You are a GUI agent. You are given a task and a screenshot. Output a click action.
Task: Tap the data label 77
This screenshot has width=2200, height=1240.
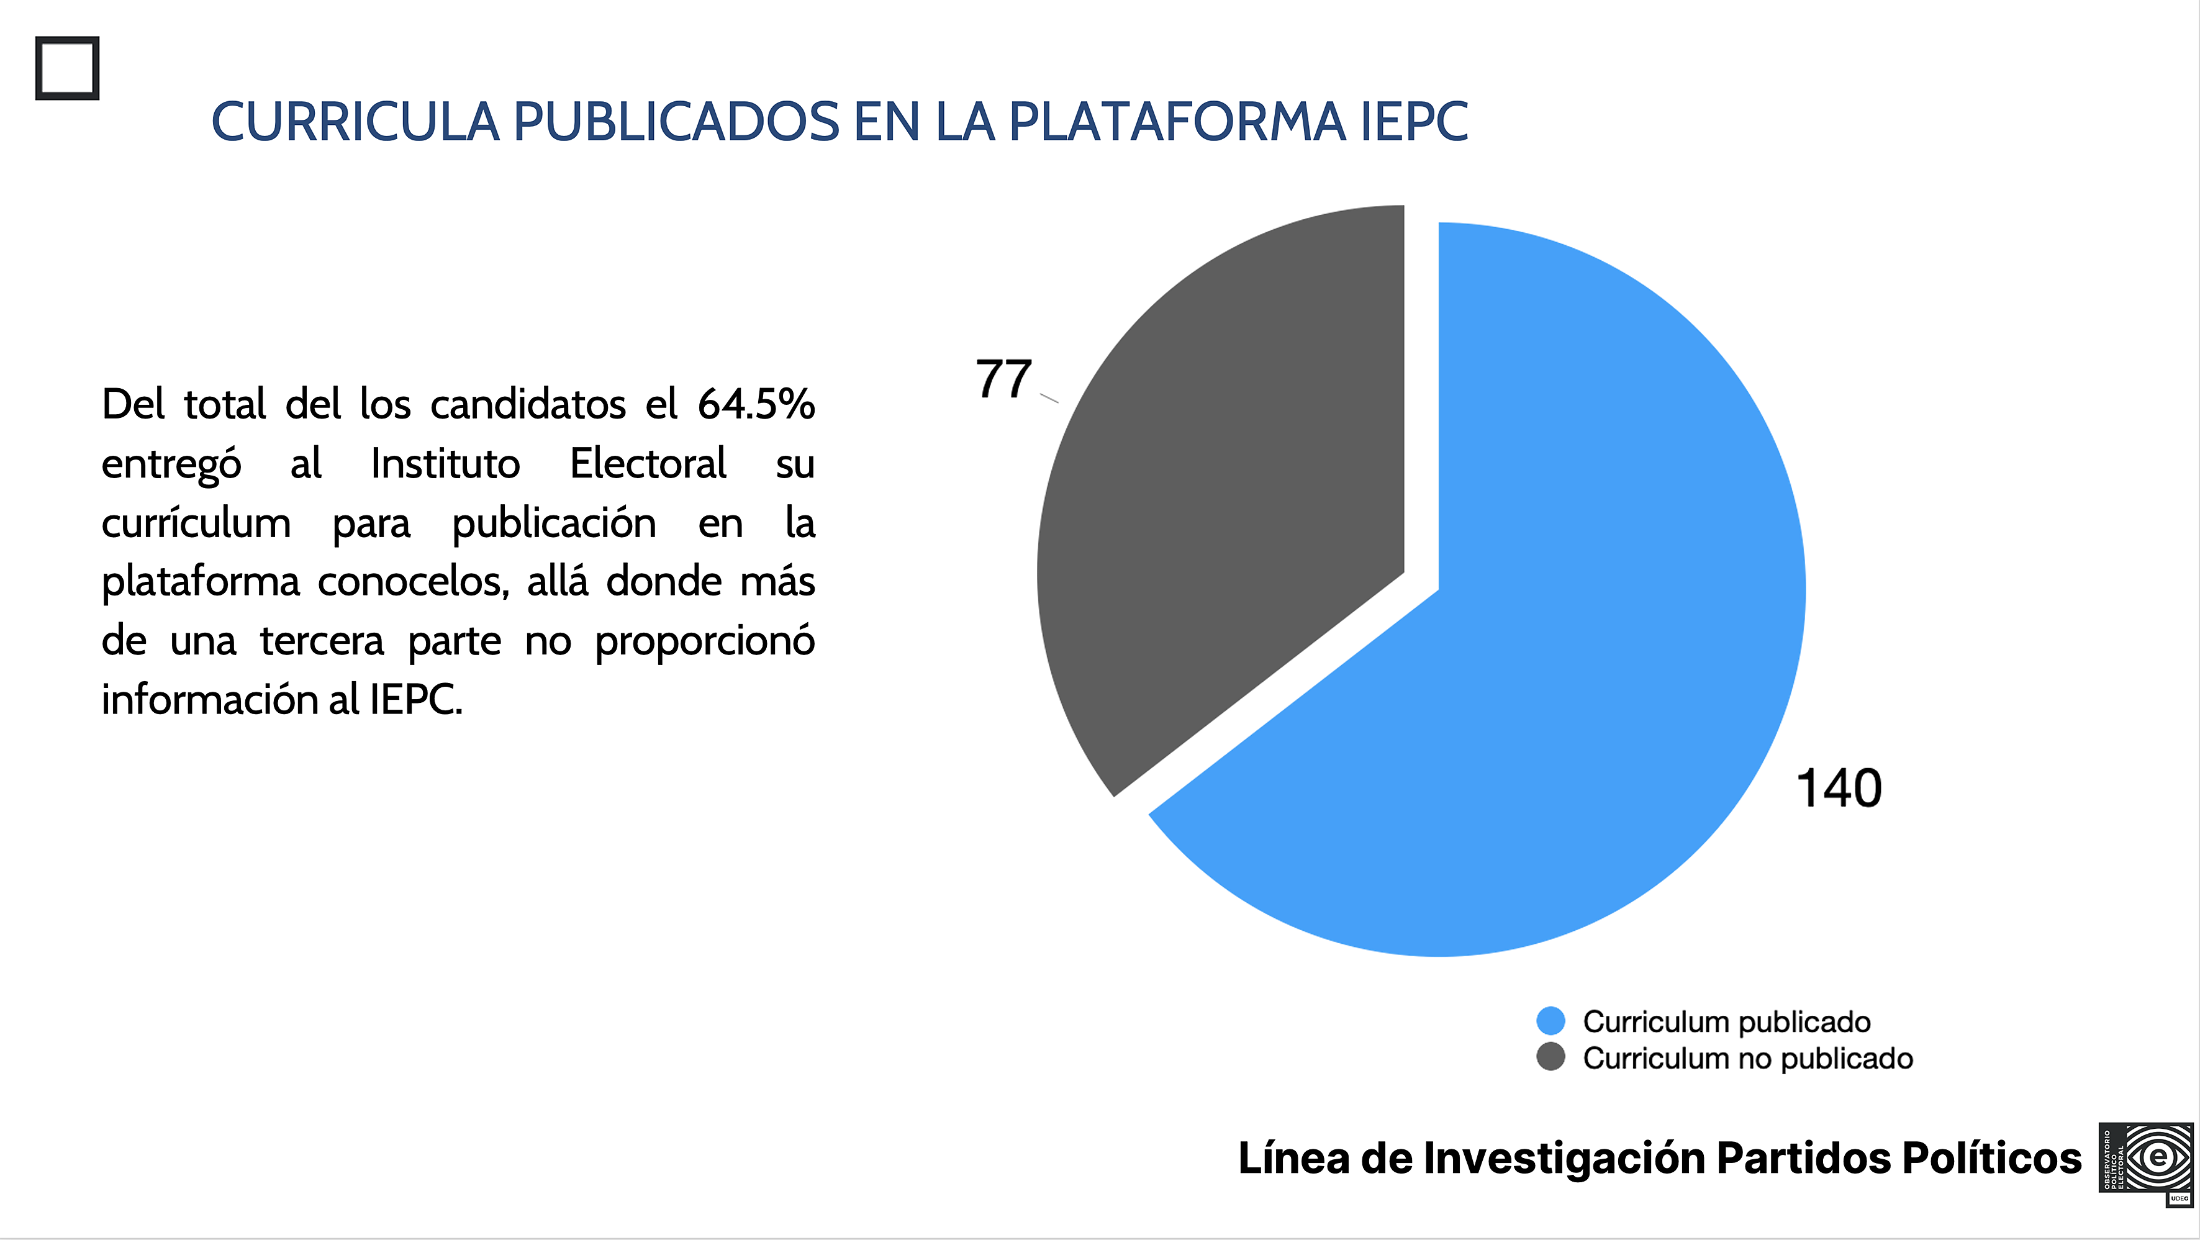[x=1003, y=379]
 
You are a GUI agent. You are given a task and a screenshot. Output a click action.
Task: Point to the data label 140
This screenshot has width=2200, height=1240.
[x=1839, y=787]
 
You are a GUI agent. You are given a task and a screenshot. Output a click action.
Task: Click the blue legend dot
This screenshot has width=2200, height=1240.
[x=1550, y=1021]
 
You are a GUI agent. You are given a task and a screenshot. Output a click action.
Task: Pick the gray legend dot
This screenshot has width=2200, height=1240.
[x=1550, y=1057]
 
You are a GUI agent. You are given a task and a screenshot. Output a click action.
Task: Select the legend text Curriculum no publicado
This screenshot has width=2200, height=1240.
[x=1747, y=1058]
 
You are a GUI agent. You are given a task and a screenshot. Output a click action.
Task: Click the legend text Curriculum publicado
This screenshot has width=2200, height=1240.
[x=1726, y=1021]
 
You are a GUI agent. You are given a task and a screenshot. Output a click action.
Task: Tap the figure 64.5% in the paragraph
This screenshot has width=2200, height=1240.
[x=756, y=404]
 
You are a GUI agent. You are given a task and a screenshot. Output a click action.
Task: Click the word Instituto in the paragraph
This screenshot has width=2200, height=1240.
[x=445, y=464]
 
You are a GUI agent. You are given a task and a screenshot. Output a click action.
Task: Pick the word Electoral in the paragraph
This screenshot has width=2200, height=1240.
[x=648, y=464]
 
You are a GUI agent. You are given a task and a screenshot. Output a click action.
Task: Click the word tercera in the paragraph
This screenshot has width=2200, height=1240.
[x=322, y=641]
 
